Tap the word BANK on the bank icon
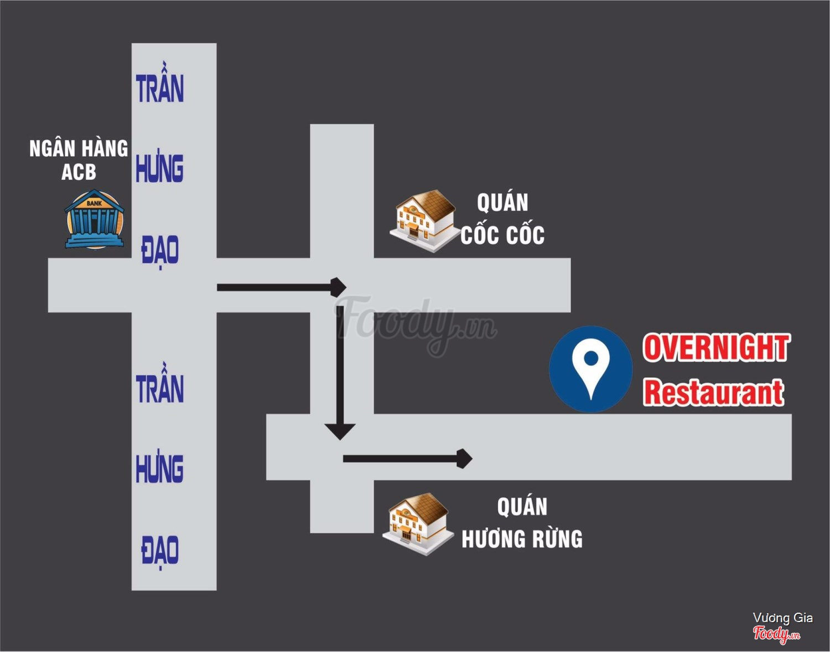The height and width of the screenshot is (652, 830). [x=94, y=203]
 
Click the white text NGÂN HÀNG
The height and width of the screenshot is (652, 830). [x=79, y=148]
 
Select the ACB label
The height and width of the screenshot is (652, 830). [x=79, y=172]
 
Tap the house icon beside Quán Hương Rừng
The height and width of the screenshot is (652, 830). [x=416, y=523]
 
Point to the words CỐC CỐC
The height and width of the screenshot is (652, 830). [x=502, y=235]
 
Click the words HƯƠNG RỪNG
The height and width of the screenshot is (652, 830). [x=522, y=539]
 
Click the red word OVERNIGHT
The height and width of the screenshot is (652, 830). [x=716, y=348]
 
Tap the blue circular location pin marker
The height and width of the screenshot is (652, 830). [x=591, y=369]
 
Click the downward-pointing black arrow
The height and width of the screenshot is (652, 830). [x=340, y=382]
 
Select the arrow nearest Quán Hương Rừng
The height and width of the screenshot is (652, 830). [x=407, y=458]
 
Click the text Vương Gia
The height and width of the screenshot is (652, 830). [x=782, y=618]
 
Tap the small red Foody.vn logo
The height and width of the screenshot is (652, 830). [x=776, y=634]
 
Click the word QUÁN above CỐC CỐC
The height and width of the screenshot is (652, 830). [x=502, y=203]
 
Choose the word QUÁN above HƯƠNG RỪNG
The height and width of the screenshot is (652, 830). [x=522, y=506]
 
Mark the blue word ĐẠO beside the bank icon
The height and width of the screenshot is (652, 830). [x=160, y=251]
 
